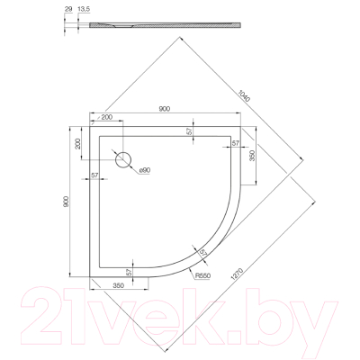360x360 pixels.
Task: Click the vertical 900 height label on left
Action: pyautogui.click(x=67, y=205)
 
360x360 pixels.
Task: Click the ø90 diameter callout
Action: pyautogui.click(x=145, y=170)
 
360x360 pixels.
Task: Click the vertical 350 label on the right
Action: pyautogui.click(x=255, y=154)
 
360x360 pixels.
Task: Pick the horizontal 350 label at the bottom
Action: pyautogui.click(x=118, y=284)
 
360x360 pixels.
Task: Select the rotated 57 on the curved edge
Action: pyautogui.click(x=203, y=253)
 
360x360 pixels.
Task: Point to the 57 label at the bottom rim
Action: pyautogui.click(x=130, y=272)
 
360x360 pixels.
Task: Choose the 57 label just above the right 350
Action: pyautogui.click(x=235, y=142)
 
